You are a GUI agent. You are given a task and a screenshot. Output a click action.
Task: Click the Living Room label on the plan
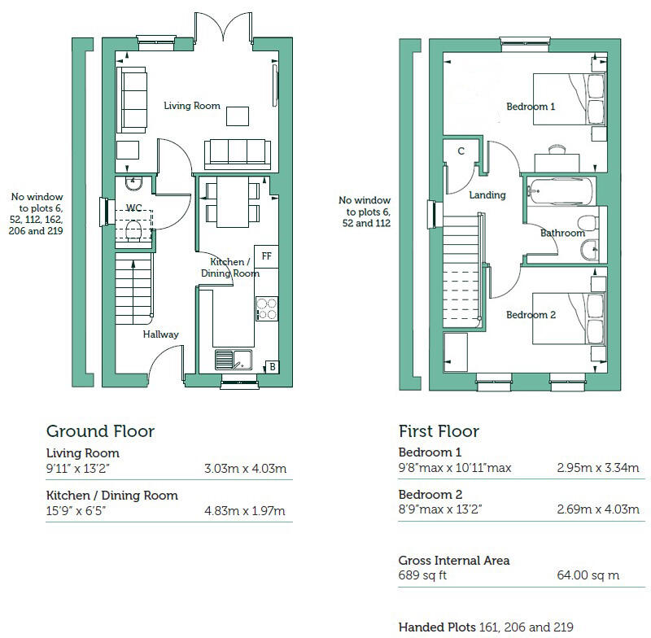tap(192, 106)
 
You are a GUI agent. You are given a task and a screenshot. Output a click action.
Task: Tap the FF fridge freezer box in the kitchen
tap(266, 256)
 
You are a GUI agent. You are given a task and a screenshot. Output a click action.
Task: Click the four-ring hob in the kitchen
tap(267, 309)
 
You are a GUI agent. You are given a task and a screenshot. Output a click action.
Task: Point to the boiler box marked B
tap(273, 367)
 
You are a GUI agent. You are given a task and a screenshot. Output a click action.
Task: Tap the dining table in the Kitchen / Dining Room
tap(233, 203)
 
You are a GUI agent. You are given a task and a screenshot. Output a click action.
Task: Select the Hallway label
tap(160, 334)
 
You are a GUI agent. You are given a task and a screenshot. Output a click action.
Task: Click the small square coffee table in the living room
tap(238, 117)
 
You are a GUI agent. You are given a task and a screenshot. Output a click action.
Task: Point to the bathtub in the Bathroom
tap(561, 191)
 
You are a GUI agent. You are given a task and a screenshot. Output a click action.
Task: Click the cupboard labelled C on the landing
tap(461, 152)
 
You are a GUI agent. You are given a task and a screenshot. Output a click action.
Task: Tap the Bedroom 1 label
tap(531, 107)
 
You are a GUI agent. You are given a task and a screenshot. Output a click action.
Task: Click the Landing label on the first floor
tap(487, 195)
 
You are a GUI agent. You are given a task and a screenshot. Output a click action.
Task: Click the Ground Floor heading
tap(100, 431)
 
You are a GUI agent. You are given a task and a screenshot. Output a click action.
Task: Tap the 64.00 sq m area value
tap(588, 575)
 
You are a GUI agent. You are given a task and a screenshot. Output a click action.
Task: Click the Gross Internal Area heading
tap(454, 561)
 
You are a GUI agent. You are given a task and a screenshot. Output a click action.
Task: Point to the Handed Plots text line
tap(486, 627)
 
